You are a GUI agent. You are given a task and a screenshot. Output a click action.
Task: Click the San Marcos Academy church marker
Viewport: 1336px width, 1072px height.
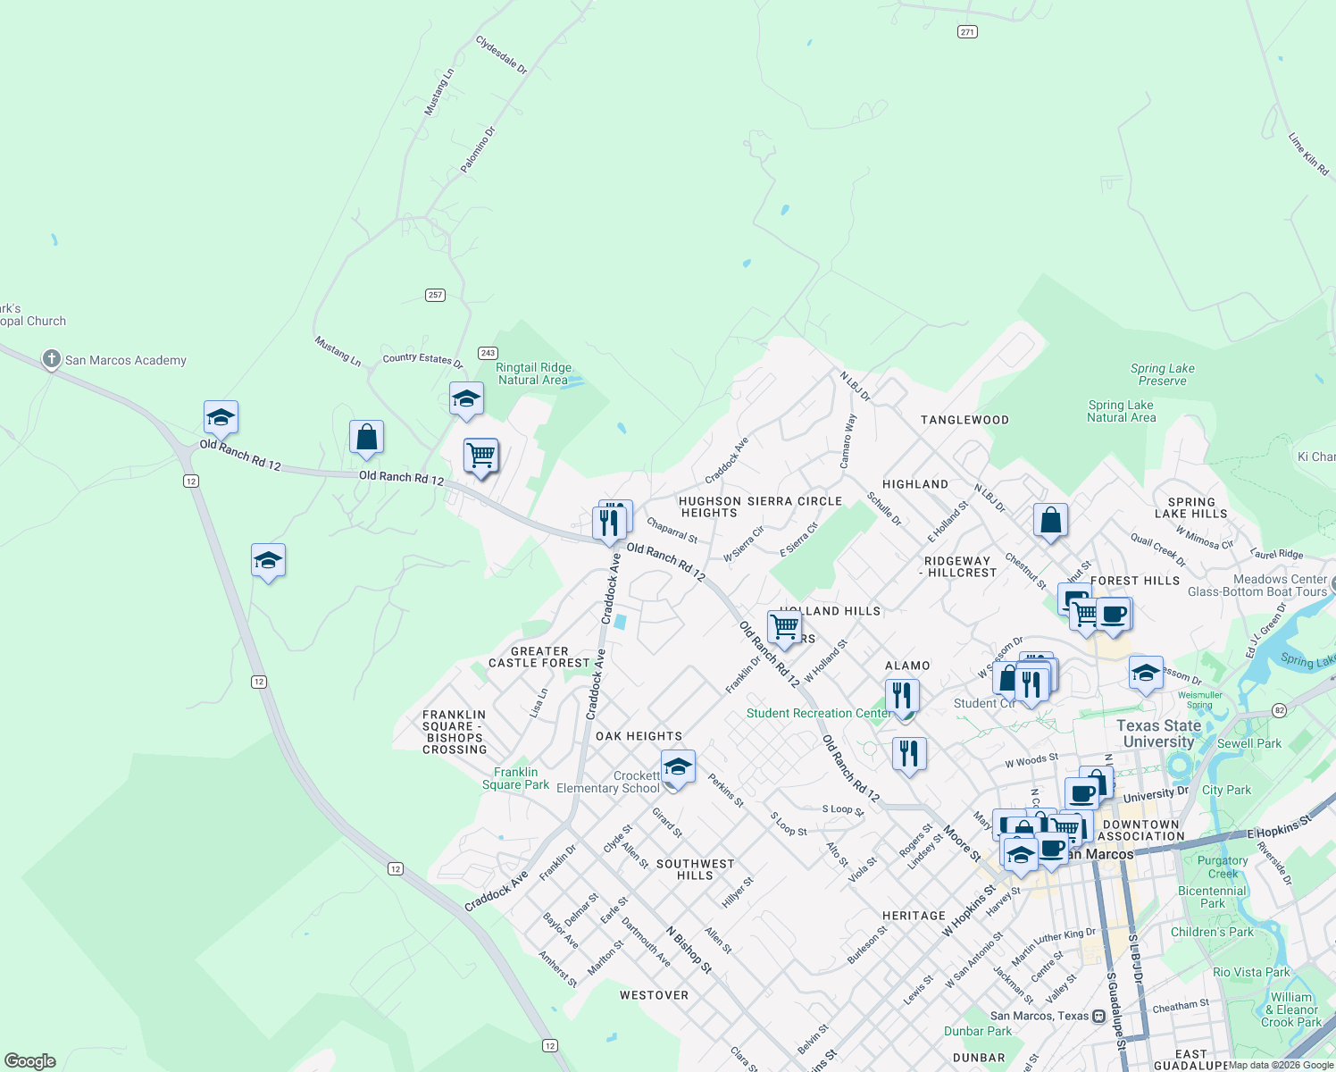click(52, 360)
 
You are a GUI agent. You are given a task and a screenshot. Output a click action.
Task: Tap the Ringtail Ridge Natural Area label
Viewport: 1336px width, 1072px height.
click(533, 373)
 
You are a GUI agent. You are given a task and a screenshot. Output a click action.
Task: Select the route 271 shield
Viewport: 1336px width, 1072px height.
click(967, 31)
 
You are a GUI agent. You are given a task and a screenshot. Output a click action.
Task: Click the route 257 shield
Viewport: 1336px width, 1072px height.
click(435, 295)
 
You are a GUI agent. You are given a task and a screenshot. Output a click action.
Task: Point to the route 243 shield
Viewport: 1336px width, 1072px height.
click(488, 353)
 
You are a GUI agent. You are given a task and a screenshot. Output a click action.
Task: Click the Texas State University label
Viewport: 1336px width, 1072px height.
click(1158, 733)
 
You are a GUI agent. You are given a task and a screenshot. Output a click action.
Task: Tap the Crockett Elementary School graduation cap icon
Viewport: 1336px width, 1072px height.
click(678, 767)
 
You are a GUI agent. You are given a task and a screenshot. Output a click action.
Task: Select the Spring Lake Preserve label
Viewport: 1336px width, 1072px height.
click(1162, 374)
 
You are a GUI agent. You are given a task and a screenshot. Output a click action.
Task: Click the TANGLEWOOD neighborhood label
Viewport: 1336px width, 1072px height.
click(964, 420)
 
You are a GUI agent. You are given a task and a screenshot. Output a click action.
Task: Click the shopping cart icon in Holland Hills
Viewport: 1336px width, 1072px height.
click(784, 627)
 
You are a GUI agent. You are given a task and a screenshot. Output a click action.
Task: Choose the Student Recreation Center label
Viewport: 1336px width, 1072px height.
click(819, 713)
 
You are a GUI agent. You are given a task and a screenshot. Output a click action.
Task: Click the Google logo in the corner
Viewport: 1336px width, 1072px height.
click(30, 1061)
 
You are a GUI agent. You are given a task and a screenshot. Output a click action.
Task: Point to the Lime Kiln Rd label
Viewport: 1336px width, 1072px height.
click(1308, 154)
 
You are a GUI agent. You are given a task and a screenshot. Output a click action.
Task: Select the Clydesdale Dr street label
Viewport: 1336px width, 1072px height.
click(501, 55)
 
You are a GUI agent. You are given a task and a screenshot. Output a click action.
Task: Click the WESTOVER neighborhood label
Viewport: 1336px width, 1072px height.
click(654, 995)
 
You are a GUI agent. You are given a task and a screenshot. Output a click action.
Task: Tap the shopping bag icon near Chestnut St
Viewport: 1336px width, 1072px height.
click(1050, 520)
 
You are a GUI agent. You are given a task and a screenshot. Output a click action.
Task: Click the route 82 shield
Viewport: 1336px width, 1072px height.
click(1279, 710)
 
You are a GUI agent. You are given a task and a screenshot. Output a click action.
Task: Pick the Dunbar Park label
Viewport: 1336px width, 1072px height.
click(978, 1031)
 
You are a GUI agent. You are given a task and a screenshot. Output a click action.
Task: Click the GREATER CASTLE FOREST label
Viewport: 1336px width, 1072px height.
click(539, 657)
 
